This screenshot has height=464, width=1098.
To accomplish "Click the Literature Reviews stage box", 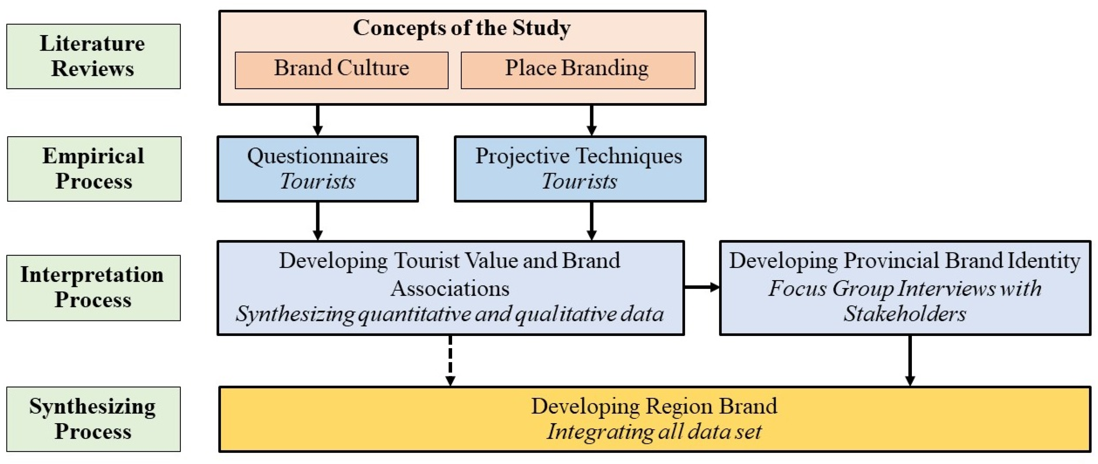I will point(93,56).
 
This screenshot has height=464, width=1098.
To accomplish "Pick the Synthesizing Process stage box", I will point(93,419).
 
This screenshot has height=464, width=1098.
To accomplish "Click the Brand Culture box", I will point(341,70).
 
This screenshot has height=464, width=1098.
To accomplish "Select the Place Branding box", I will point(578,70).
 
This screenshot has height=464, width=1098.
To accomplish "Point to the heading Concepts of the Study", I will point(462,28).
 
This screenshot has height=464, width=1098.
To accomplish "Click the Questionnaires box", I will point(318,169).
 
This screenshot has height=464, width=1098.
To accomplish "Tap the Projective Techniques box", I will point(580,169).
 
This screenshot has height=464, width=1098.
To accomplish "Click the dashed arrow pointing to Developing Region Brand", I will point(450,360).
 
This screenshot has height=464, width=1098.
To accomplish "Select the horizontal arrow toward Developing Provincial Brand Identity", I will point(701,287).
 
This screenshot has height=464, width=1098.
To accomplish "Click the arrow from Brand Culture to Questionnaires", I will point(318,120).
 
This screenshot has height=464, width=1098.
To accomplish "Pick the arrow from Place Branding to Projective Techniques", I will point(591,120).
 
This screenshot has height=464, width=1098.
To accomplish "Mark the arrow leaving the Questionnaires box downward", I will point(318,221).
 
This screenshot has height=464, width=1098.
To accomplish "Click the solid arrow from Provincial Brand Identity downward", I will point(910,360).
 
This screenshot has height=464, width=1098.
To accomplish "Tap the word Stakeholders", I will point(905,314).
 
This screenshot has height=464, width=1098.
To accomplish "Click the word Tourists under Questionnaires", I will point(318,182).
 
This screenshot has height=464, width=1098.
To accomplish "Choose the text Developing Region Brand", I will point(654,406).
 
